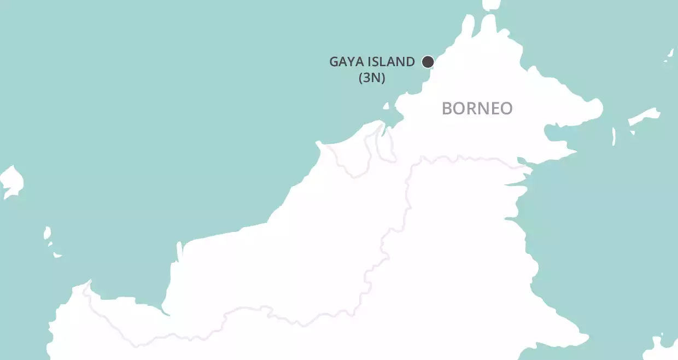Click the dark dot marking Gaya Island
428,62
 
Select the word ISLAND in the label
390,62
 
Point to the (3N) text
372,78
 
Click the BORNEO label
477,108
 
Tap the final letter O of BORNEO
507,108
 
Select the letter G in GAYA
334,62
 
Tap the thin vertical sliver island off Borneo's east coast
614,136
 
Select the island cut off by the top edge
492,5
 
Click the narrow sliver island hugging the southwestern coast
179,252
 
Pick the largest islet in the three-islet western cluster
47,234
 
